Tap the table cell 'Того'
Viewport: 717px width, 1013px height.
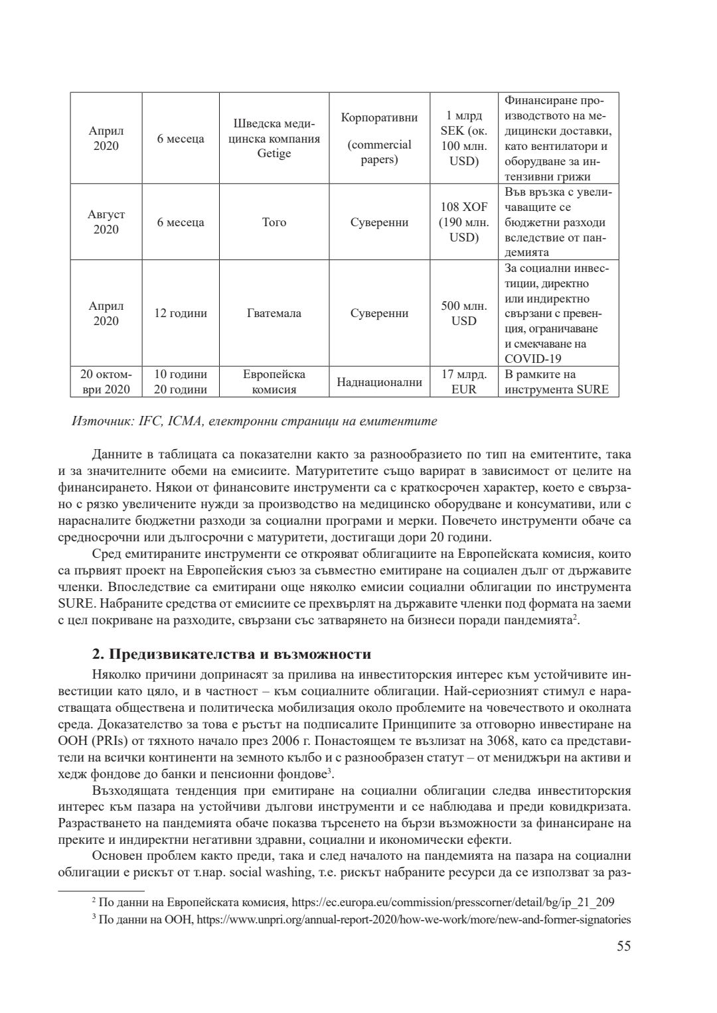click(x=274, y=222)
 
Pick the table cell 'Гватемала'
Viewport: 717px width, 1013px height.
click(x=274, y=313)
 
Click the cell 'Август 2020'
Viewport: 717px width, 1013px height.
click(x=106, y=222)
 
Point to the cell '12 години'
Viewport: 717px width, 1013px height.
click(x=181, y=313)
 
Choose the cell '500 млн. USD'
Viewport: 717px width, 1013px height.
click(x=463, y=313)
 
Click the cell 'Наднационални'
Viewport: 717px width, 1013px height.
click(x=379, y=382)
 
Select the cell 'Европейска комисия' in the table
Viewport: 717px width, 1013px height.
click(x=274, y=382)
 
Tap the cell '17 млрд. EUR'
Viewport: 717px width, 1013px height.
click(x=463, y=382)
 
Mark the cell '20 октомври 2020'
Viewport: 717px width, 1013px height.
click(x=106, y=382)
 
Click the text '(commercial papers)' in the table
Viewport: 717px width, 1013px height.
click(x=379, y=152)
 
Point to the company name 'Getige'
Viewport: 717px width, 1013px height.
click(x=274, y=154)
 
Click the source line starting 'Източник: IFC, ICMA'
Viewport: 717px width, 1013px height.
click(x=254, y=421)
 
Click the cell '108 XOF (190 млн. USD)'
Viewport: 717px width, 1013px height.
click(x=463, y=222)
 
